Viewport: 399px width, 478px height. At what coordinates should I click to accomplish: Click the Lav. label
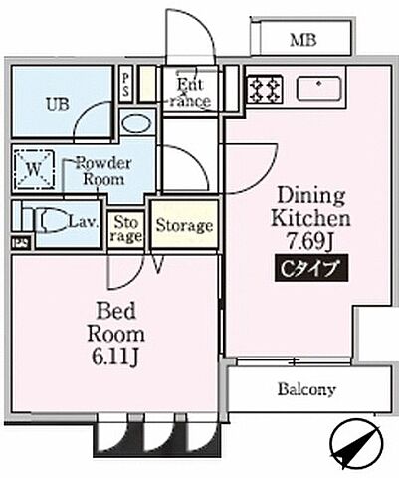click(x=84, y=223)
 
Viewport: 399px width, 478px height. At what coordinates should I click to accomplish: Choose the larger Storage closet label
click(x=184, y=226)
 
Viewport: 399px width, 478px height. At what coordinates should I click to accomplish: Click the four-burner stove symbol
click(x=263, y=90)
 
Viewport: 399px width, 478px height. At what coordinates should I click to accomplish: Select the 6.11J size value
click(x=120, y=355)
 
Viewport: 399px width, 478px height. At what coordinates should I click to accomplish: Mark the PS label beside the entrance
click(x=126, y=83)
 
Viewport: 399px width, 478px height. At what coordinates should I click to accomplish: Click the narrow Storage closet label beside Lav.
click(x=127, y=229)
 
